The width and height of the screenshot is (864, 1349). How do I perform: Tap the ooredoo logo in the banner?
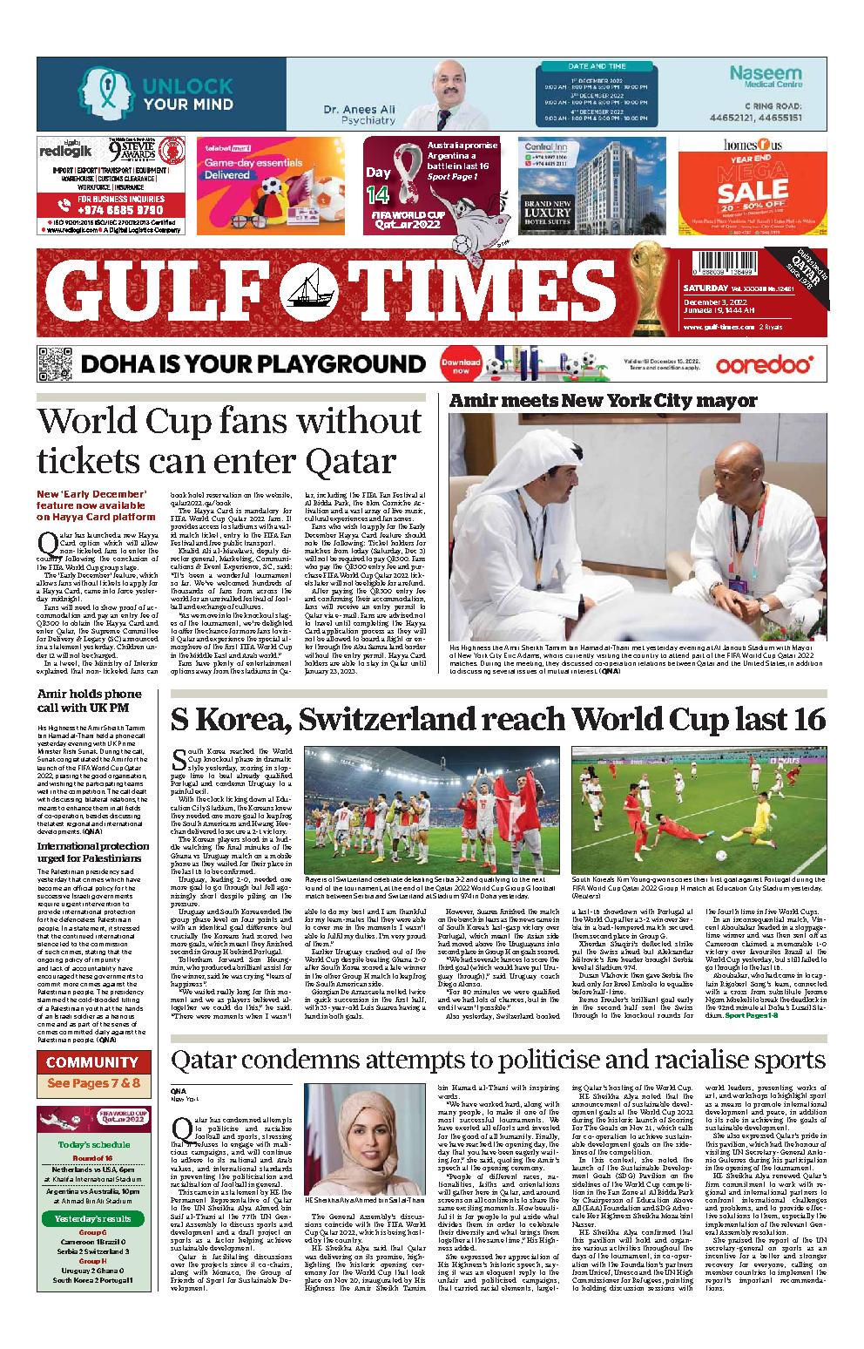[764, 365]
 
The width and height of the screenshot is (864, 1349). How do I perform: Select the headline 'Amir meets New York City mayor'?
[603, 401]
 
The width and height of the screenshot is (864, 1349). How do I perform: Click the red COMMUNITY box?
[92, 1062]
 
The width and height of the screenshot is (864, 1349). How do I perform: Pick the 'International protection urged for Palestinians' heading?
[92, 851]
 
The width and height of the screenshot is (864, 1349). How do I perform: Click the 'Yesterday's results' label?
[93, 1217]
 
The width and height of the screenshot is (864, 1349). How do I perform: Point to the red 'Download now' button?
[461, 365]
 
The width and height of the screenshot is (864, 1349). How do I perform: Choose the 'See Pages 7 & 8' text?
[93, 1084]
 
